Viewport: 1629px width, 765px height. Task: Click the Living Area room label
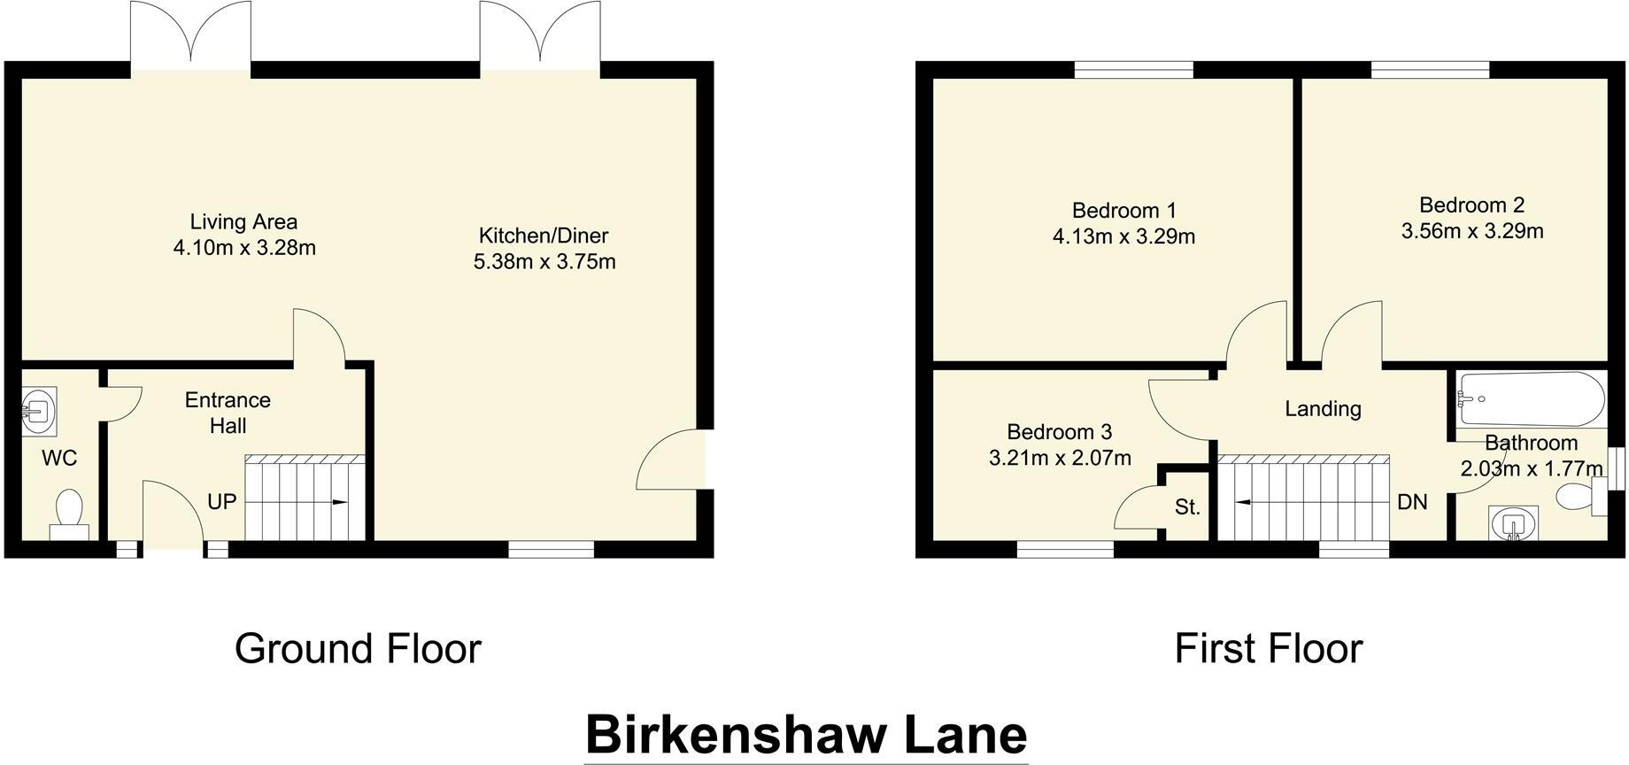tap(243, 222)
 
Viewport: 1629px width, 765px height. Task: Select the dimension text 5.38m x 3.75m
tap(544, 262)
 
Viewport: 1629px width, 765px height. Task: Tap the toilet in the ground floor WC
tap(68, 514)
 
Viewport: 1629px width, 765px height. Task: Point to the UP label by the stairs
tap(221, 502)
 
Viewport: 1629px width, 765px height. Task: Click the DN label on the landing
tap(1412, 502)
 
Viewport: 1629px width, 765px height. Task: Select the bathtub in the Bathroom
tap(1531, 399)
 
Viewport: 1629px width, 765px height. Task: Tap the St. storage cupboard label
tap(1187, 507)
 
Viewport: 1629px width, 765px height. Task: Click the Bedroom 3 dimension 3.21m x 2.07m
tap(1060, 458)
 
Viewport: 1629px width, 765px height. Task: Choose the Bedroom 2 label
tap(1471, 205)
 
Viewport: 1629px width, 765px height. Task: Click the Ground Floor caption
tap(358, 648)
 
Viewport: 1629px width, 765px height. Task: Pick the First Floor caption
tap(1268, 648)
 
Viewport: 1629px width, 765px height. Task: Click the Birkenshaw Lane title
tap(806, 735)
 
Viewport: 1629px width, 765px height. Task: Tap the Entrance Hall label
tap(228, 413)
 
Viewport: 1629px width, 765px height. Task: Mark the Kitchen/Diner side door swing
tap(671, 459)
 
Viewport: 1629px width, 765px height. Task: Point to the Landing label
tap(1323, 408)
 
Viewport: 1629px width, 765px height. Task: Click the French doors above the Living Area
tap(191, 35)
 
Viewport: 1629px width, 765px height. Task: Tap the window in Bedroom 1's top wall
tap(1133, 69)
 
